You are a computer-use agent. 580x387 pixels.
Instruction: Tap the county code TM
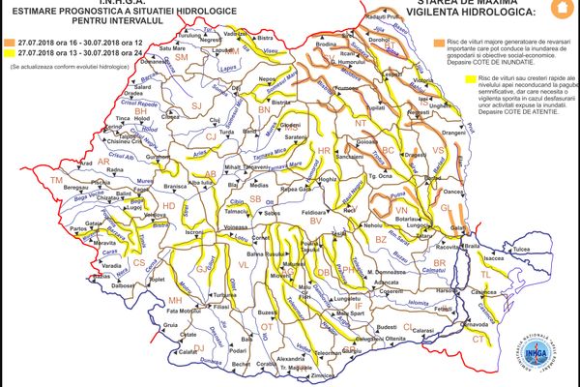(56, 181)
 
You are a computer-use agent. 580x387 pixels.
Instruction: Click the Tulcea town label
(523, 249)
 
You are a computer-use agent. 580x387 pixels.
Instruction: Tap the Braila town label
(471, 247)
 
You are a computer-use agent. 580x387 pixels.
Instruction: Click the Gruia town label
(170, 326)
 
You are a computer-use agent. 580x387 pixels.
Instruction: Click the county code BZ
(380, 237)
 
